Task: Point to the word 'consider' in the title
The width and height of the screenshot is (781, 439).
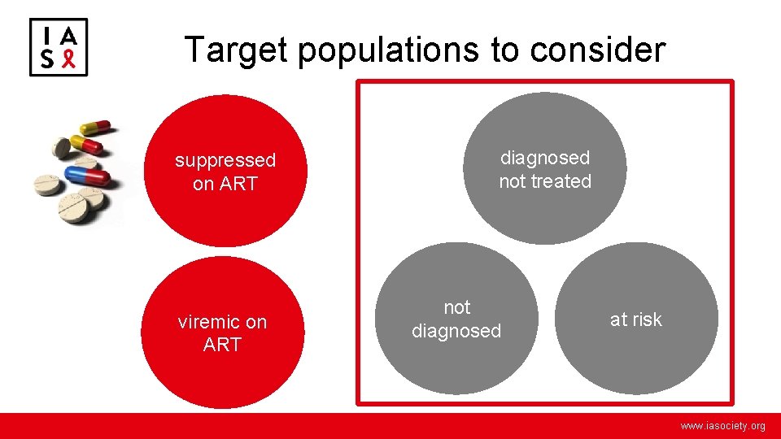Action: (x=597, y=50)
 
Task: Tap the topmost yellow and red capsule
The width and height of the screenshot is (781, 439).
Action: (x=97, y=128)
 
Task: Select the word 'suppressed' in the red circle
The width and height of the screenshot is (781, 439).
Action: (x=225, y=161)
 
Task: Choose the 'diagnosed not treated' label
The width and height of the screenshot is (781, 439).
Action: (x=545, y=169)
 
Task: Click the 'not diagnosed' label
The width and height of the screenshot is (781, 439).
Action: (x=456, y=319)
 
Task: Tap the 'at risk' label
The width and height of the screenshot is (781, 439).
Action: (x=636, y=319)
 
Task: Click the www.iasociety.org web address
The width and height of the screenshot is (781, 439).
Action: (x=722, y=426)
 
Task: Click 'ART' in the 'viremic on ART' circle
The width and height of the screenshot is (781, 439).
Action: (x=222, y=345)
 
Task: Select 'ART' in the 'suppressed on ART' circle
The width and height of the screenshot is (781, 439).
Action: (x=237, y=184)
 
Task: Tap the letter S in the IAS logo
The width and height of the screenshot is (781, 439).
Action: (x=47, y=59)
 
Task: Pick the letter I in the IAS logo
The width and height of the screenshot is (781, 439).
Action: (x=47, y=35)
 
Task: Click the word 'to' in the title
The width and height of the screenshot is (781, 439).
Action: (x=504, y=50)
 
